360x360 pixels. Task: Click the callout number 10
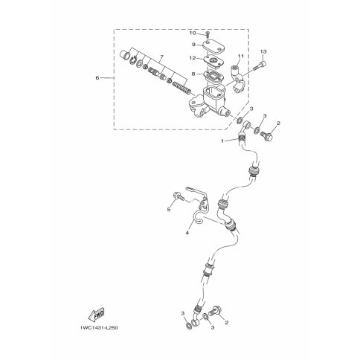tap(193, 33)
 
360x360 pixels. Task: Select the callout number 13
tap(263, 51)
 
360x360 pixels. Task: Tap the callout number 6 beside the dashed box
tap(97, 78)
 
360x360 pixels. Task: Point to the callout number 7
tap(161, 57)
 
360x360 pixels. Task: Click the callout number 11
tap(241, 56)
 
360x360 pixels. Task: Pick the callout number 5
tap(169, 210)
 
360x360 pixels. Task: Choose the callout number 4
tap(187, 233)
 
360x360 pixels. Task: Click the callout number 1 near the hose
tap(222, 141)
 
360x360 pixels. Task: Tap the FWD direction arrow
tap(97, 315)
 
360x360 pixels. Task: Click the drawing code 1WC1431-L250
tap(99, 328)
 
